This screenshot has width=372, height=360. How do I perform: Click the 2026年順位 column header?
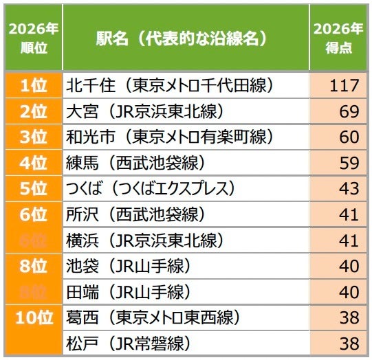pos(32,38)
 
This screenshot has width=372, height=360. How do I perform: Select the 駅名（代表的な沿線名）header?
pos(182,38)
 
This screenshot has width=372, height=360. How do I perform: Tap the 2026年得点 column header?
pos(338,38)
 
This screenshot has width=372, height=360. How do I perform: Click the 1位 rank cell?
pos(32,86)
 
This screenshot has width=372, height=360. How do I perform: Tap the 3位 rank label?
pos(32,136)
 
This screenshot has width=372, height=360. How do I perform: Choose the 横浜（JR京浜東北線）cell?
pos(144,240)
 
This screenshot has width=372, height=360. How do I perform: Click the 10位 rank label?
pos(32,317)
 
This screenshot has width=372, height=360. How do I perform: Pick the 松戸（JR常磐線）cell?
pos(127,343)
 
